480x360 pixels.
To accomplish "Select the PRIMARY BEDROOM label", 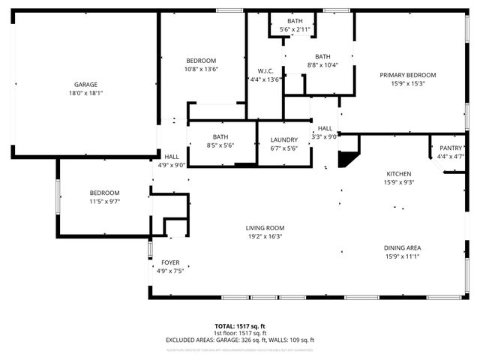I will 407,75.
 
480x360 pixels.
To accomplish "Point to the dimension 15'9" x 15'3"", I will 407,84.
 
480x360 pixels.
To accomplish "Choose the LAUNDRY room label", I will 283,139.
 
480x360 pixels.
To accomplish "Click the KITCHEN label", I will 399,173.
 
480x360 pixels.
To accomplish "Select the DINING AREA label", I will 402,247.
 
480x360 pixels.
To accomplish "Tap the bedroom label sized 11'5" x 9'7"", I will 104,193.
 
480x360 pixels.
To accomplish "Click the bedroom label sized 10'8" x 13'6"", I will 201,61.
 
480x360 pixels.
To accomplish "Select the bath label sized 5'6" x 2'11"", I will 295,21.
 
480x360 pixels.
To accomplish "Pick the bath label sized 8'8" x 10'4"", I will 322,56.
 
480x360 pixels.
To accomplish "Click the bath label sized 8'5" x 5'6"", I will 220,136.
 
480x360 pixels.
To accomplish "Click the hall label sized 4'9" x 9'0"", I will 172,157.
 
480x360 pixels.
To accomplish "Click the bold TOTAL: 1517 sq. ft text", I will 240,326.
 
